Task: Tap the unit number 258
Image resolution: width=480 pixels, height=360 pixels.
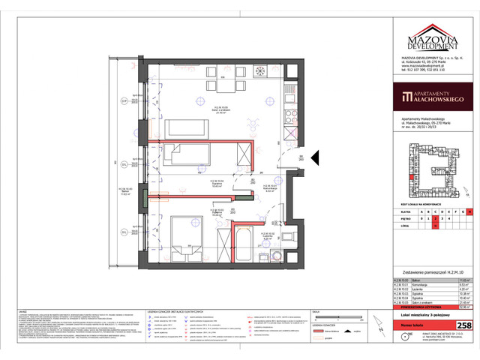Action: pos(464,325)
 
